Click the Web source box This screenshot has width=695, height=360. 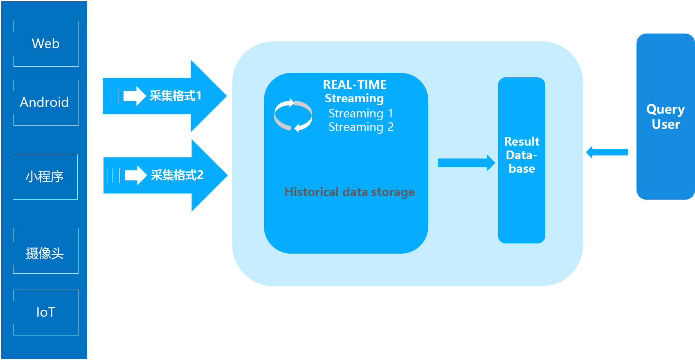[x=46, y=44]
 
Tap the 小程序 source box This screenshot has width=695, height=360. [x=45, y=177]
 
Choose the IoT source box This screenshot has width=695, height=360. [x=46, y=313]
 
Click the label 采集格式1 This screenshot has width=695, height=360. [x=175, y=96]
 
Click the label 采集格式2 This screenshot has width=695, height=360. [x=177, y=175]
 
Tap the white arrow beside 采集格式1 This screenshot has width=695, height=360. [x=135, y=96]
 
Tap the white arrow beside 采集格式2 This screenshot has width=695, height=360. [x=135, y=175]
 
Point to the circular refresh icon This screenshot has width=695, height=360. [x=293, y=116]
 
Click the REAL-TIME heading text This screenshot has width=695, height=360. [x=355, y=85]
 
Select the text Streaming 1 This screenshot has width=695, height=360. [x=361, y=113]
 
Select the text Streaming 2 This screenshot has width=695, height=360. [x=361, y=127]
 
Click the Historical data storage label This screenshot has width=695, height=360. [x=349, y=192]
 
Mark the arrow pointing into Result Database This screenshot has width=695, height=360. [x=466, y=163]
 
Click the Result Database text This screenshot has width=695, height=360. [x=522, y=155]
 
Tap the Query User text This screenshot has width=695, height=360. [x=666, y=117]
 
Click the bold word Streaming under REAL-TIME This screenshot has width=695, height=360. [x=354, y=99]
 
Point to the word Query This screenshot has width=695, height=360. [x=665, y=110]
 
